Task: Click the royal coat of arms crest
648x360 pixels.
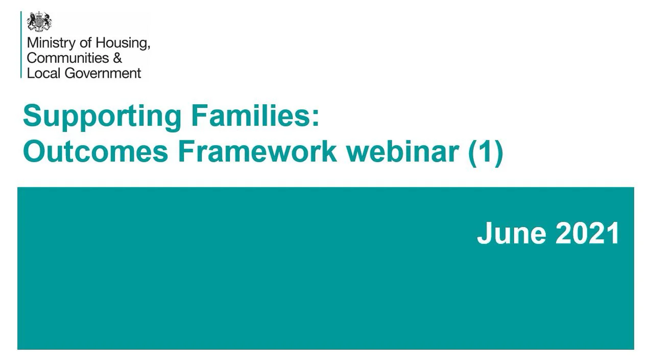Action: point(39,22)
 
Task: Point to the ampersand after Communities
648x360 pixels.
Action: point(117,58)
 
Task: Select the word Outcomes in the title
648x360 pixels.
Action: point(95,151)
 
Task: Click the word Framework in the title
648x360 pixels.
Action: point(257,151)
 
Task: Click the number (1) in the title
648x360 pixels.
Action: point(486,152)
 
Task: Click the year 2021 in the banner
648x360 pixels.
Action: point(587,233)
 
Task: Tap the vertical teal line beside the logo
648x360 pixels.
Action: point(21,44)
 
